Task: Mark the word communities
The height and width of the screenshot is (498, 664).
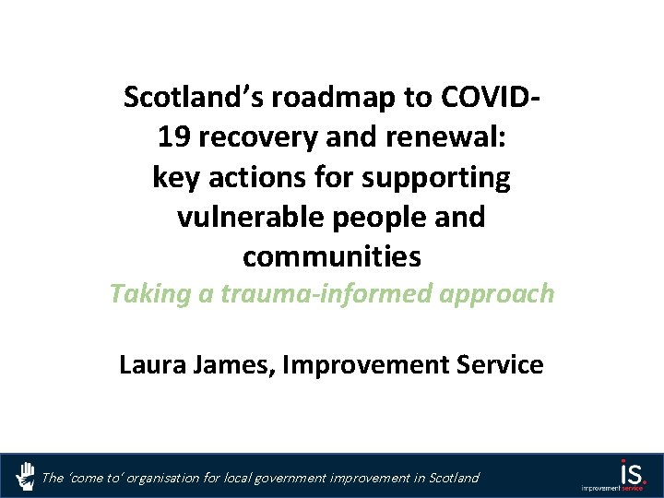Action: click(x=332, y=257)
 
